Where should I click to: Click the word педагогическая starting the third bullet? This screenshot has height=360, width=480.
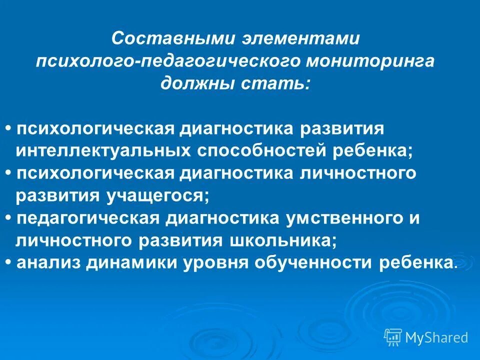coord(87,218)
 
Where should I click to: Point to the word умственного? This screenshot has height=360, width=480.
coord(345,218)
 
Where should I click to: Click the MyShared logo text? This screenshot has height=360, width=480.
coord(436,337)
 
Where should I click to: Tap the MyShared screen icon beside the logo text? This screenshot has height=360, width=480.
coord(393,337)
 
